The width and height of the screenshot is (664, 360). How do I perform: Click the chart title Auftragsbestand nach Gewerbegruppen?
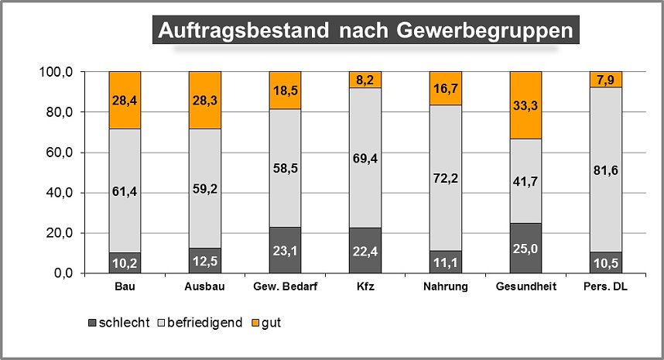click(x=365, y=30)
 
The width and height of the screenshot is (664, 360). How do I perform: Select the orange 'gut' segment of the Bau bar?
click(x=125, y=99)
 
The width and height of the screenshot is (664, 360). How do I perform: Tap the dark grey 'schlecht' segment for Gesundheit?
click(x=525, y=248)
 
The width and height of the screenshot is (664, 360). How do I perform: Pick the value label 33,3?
click(x=525, y=105)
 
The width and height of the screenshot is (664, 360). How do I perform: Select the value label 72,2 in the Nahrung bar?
click(x=446, y=178)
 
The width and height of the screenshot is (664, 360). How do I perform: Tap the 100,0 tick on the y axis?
click(x=56, y=72)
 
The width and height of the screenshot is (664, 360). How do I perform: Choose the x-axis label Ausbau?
click(x=204, y=289)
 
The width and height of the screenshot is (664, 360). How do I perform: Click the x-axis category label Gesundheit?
click(x=525, y=289)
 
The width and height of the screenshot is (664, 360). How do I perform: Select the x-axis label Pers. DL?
click(x=606, y=289)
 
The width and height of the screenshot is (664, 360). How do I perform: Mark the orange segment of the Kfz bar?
click(x=365, y=80)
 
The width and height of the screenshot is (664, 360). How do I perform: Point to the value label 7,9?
click(x=606, y=79)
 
